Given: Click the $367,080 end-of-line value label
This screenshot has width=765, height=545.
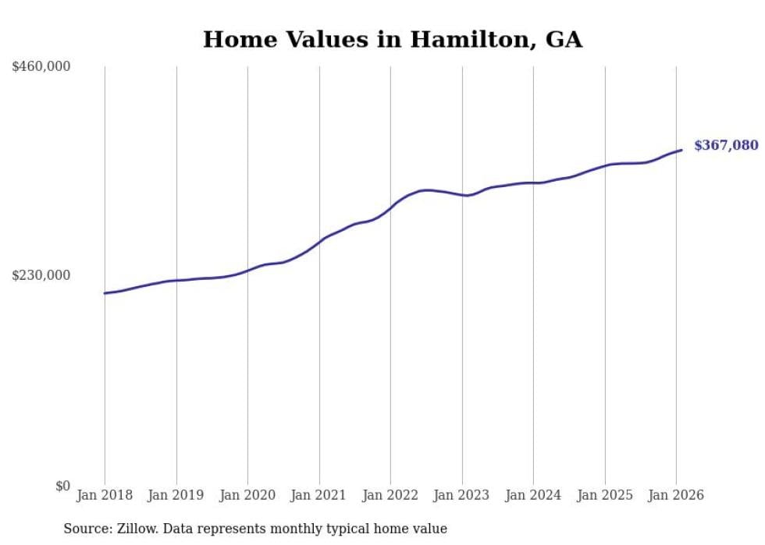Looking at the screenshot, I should [725, 145].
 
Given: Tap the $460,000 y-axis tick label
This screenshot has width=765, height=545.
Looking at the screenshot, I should [41, 67].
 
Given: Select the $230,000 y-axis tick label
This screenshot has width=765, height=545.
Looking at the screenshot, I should [41, 275].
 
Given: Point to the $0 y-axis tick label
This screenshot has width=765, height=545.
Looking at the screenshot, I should [62, 486].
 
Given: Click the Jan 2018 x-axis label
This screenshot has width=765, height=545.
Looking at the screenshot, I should [105, 495].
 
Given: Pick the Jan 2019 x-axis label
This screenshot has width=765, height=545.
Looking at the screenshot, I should [176, 495].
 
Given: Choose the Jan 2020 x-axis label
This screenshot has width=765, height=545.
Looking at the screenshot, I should [247, 495].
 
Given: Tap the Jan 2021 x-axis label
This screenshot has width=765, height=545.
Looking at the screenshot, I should [318, 495].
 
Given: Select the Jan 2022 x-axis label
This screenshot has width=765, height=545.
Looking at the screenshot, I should [390, 495].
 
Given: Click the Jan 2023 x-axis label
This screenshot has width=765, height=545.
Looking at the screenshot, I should [461, 495].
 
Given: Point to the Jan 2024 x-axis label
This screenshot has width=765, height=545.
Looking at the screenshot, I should [533, 495].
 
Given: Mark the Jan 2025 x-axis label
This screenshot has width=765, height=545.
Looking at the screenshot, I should [604, 495].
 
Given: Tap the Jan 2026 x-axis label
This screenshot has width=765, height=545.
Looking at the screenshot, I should [676, 495].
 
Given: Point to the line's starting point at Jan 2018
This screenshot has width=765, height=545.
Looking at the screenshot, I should [105, 293].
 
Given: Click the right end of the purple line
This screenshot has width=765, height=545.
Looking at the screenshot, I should [681, 150].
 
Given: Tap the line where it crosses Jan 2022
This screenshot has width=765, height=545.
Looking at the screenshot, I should [390, 208].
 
